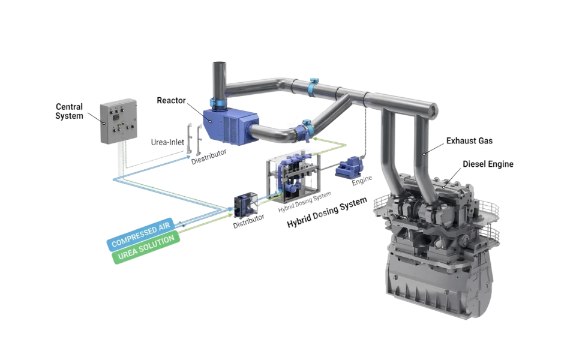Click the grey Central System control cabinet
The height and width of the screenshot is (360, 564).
tap(119, 121)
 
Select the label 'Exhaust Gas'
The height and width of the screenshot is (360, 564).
tap(469, 141)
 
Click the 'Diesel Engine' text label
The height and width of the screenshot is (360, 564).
tap(488, 164)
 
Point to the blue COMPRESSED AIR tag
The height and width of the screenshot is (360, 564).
tap(141, 235)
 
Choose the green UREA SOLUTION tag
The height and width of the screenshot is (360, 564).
tap(146, 248)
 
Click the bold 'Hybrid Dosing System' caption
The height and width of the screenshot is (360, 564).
tap(327, 212)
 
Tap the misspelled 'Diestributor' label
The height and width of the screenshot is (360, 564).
tap(209, 157)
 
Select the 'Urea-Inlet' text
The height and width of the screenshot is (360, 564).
tap(167, 142)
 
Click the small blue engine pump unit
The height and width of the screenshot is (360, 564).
tap(348, 167)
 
